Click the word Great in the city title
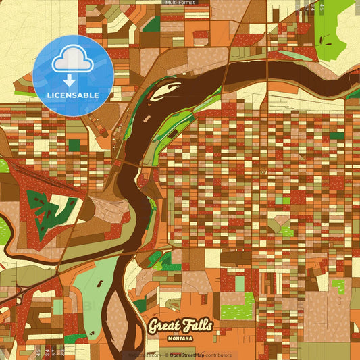click(x=163, y=326)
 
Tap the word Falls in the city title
click(x=197, y=326)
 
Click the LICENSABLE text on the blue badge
click(x=72, y=94)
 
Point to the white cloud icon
click(x=72, y=61)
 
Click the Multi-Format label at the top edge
click(x=180, y=3)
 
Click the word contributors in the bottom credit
click(x=218, y=355)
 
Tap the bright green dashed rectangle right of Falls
click(x=236, y=311)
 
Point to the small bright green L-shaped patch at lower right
click(x=339, y=286)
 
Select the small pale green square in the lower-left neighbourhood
click(x=58, y=306)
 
